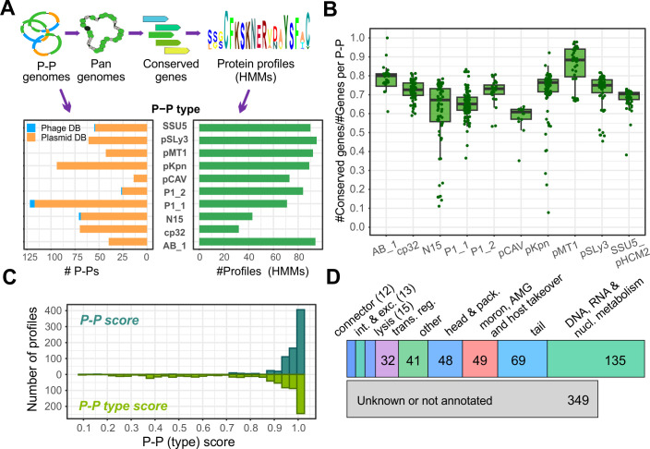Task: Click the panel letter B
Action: click(330, 8)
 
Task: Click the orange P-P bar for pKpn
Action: click(102, 166)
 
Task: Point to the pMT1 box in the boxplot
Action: click(575, 63)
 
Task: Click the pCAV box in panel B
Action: click(521, 115)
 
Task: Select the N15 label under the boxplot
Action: click(432, 249)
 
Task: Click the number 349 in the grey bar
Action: click(578, 400)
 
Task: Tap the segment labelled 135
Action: click(596, 359)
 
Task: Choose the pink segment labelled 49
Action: click(479, 359)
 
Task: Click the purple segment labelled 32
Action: click(387, 359)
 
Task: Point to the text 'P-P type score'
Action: click(123, 406)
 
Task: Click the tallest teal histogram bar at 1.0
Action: click(301, 342)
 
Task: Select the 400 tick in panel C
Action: click(55, 310)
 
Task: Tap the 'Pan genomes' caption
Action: click(102, 70)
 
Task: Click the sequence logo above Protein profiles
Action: click(259, 30)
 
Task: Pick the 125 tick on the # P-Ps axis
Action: click(30, 257)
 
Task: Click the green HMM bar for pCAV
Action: click(244, 178)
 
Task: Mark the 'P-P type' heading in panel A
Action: click(175, 109)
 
